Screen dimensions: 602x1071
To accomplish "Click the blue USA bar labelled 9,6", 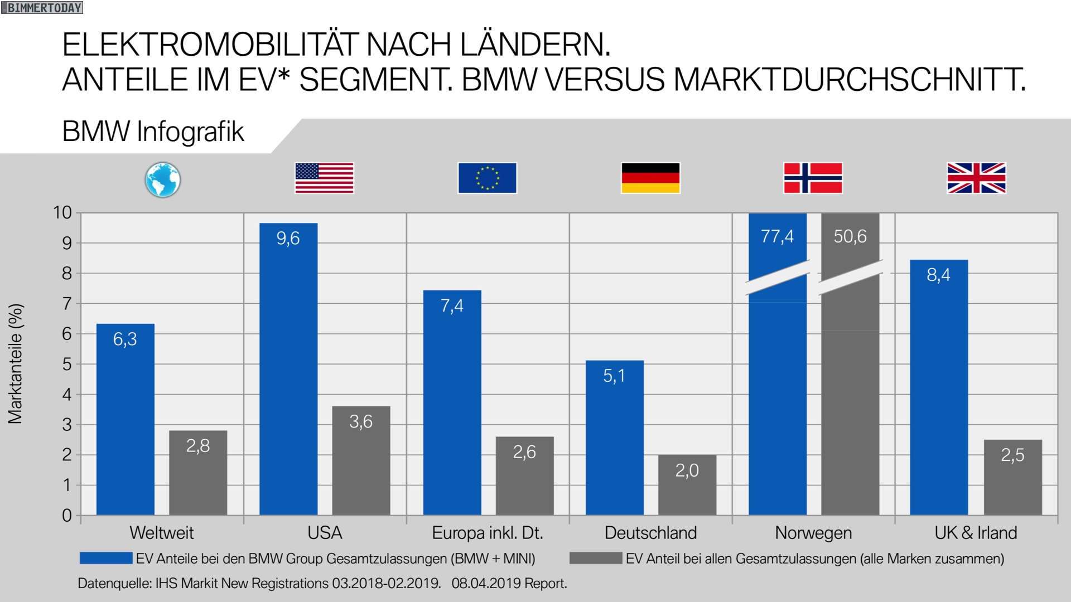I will tap(288, 368).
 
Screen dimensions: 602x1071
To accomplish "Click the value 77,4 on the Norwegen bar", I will tap(777, 236).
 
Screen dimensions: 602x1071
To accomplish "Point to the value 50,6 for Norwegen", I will tap(850, 236).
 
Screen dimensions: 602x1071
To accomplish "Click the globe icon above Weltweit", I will tap(162, 179).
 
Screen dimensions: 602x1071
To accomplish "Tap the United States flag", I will tap(324, 178).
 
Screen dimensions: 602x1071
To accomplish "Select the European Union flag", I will tap(487, 178).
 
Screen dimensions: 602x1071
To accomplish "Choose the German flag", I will tap(650, 178).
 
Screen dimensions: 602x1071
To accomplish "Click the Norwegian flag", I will tap(813, 178).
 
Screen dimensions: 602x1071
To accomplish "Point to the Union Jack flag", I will tap(976, 178).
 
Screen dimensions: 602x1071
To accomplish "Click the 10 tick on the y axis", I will tap(62, 212).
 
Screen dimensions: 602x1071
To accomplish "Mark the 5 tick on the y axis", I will tap(67, 364).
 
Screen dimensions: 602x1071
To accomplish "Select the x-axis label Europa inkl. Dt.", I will tap(487, 533).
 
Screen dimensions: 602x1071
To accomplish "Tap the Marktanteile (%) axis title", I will tap(16, 363).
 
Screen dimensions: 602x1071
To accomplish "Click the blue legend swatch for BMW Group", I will tap(106, 558).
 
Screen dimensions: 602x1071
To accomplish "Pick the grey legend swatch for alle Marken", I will tap(595, 558).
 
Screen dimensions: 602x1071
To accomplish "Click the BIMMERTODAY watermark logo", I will tap(42, 8).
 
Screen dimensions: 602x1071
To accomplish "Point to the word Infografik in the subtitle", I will tap(190, 132).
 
